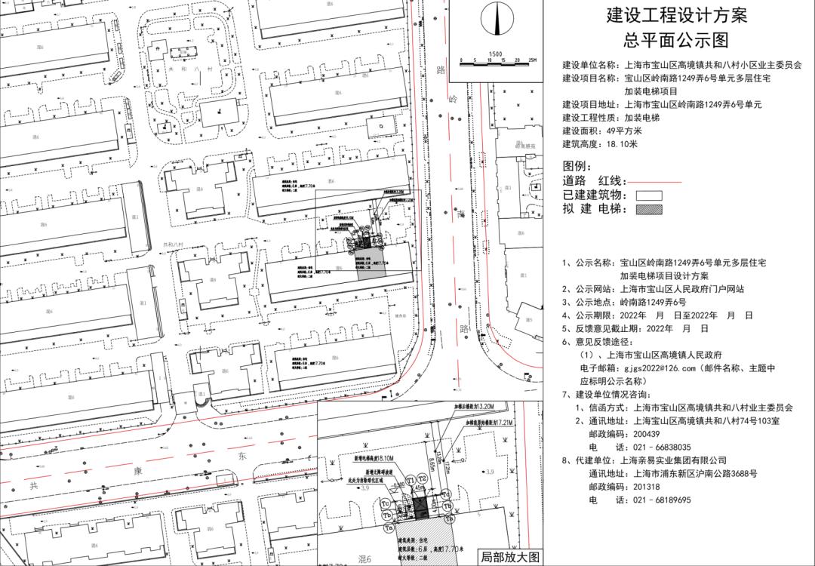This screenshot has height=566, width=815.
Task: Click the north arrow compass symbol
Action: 496,20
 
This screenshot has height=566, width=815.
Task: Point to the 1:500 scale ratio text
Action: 495,54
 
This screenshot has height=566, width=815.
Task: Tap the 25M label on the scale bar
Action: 531,60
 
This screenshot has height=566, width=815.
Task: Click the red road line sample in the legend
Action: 654,182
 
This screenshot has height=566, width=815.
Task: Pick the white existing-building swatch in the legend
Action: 649,195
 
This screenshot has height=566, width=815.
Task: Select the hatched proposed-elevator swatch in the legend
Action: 649,208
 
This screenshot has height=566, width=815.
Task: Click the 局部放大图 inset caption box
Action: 510,557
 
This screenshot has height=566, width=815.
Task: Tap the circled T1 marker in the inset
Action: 411,479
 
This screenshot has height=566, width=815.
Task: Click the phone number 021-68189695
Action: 656,500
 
